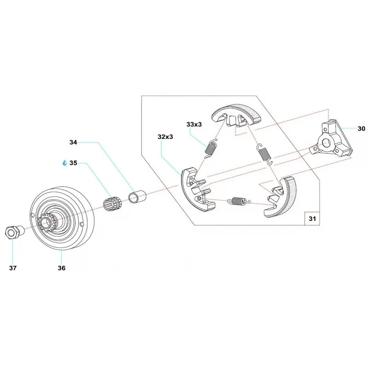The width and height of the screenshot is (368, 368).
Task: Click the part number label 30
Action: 361,129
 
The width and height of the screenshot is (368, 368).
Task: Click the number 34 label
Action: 74,143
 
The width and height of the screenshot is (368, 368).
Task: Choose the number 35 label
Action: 74,163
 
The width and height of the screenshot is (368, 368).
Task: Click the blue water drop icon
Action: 64,163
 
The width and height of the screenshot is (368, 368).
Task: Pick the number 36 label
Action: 62,268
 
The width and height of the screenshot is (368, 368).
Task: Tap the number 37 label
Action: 12,268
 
